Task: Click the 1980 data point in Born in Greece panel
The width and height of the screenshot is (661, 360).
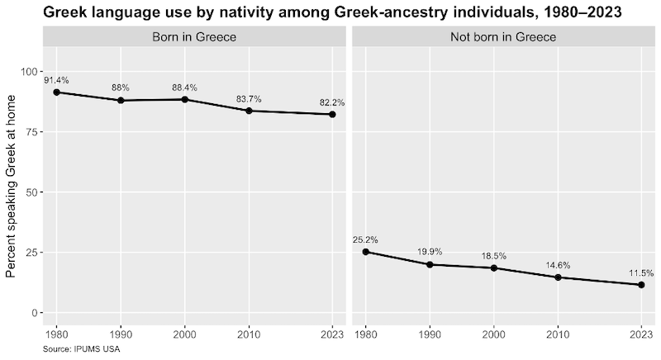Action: coord(57,92)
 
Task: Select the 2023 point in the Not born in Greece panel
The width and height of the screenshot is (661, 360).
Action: coord(641,285)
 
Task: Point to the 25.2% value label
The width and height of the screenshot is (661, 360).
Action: coord(365,239)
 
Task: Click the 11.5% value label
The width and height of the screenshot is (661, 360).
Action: coord(641,272)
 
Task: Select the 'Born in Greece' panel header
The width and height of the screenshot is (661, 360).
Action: coord(194,37)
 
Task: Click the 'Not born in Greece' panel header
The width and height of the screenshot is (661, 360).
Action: coord(503,37)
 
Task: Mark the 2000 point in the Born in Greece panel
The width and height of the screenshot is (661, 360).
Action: coord(184,99)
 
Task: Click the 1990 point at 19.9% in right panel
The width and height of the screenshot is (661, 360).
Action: coord(430,264)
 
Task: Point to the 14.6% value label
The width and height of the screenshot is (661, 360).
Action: coord(558,265)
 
